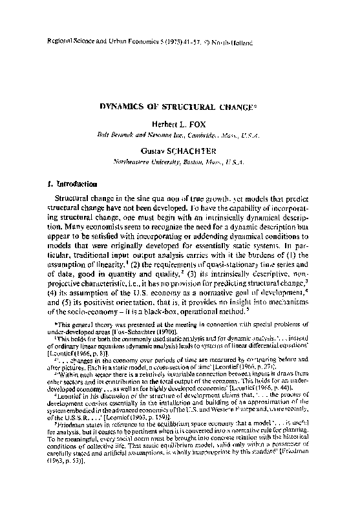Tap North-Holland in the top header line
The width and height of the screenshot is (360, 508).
[232, 43]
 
